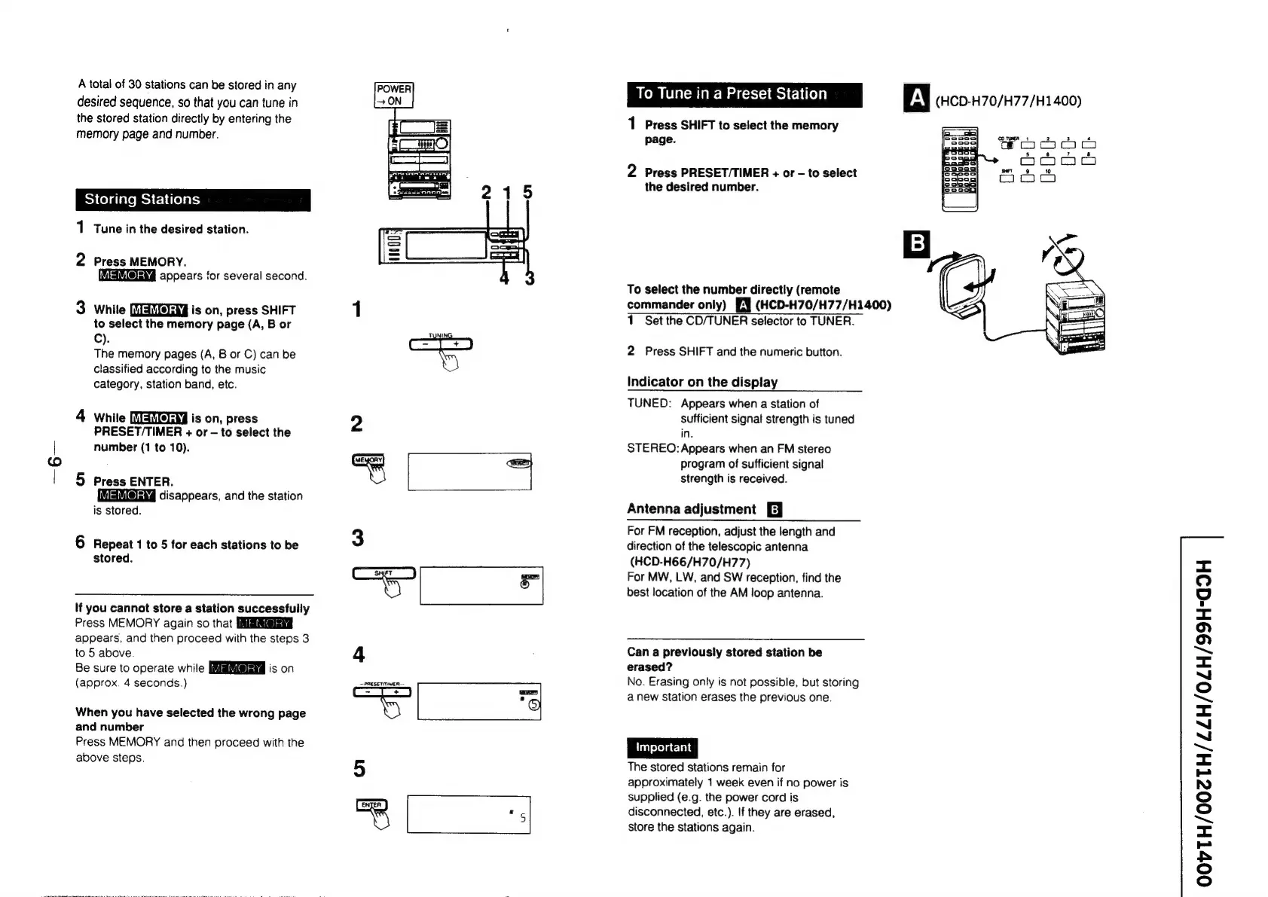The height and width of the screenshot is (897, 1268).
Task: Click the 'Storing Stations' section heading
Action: [x=142, y=200]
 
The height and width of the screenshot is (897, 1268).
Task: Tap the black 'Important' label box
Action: [x=662, y=747]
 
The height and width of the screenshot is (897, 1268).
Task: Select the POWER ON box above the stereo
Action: [x=393, y=95]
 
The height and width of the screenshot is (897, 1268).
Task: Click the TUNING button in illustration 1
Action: [x=441, y=344]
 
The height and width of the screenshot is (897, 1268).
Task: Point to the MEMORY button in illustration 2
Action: [x=368, y=460]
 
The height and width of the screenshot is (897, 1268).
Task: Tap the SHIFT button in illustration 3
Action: [x=383, y=574]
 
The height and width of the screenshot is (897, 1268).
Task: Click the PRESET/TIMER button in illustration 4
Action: [x=382, y=691]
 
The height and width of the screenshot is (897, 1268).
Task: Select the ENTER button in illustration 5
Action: [x=371, y=805]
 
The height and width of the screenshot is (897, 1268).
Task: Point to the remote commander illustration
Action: [x=959, y=169]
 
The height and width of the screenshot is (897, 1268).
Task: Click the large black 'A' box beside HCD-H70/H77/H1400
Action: [x=916, y=99]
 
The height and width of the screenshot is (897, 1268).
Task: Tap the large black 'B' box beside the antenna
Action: [x=916, y=244]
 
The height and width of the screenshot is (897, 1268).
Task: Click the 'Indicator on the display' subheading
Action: [x=702, y=382]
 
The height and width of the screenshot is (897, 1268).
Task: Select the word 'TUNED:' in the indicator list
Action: [x=649, y=403]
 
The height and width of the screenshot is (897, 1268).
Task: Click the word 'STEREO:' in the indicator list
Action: [x=652, y=448]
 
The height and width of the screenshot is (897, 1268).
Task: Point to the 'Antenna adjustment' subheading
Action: [x=691, y=509]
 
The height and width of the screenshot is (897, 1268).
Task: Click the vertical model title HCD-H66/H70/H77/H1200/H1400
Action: [x=1203, y=721]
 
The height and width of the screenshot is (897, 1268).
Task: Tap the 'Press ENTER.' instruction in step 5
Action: [x=133, y=481]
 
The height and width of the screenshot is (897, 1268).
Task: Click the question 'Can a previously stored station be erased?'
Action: [x=724, y=659]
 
